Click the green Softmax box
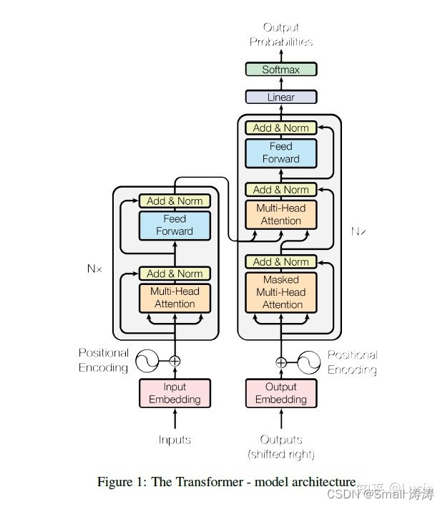[280, 69]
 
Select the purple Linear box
[280, 97]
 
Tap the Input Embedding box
[175, 393]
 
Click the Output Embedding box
[280, 393]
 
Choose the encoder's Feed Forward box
[175, 225]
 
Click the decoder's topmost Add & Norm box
[281, 128]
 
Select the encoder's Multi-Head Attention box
[175, 297]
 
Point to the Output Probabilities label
[280, 34]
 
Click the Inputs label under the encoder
[175, 439]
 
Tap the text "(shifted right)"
[280, 453]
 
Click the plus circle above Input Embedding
[175, 362]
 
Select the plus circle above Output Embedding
[281, 362]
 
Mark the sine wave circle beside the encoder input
[147, 361]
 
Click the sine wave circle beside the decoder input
[309, 362]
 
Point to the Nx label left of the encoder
[94, 269]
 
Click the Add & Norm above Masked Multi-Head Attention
[281, 262]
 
